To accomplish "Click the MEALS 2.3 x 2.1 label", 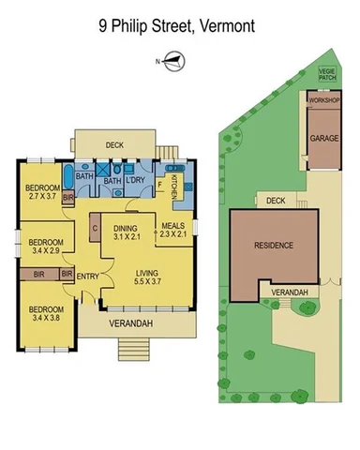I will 173,231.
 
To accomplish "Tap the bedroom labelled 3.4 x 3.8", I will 44,313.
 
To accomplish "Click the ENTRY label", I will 88,275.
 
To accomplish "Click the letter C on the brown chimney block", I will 96,226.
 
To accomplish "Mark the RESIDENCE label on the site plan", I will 274,246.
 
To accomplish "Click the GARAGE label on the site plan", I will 324,138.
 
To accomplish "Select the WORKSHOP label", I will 324,99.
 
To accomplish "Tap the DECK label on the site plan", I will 275,200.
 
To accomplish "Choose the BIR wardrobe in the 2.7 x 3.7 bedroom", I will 67,198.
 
